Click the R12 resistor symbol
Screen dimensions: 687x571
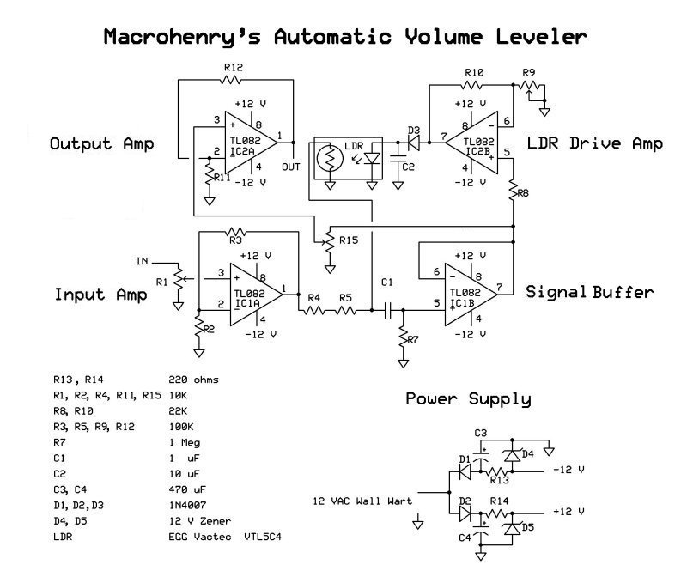click(230, 80)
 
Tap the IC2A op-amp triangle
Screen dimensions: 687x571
click(251, 143)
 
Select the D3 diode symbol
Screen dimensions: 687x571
click(413, 143)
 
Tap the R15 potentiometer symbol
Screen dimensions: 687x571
click(329, 241)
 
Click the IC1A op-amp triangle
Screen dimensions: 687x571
click(256, 295)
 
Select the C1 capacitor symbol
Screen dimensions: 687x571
click(387, 310)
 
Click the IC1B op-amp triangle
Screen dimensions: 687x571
click(471, 295)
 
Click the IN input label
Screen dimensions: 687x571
click(143, 262)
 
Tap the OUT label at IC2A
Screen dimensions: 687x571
click(290, 167)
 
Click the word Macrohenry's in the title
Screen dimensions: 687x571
click(182, 37)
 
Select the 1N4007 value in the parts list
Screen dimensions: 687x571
click(187, 505)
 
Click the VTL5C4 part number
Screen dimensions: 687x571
click(263, 537)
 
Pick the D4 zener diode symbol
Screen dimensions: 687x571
click(512, 456)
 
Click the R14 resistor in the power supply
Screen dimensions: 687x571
click(499, 513)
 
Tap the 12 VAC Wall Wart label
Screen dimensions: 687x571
click(362, 501)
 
